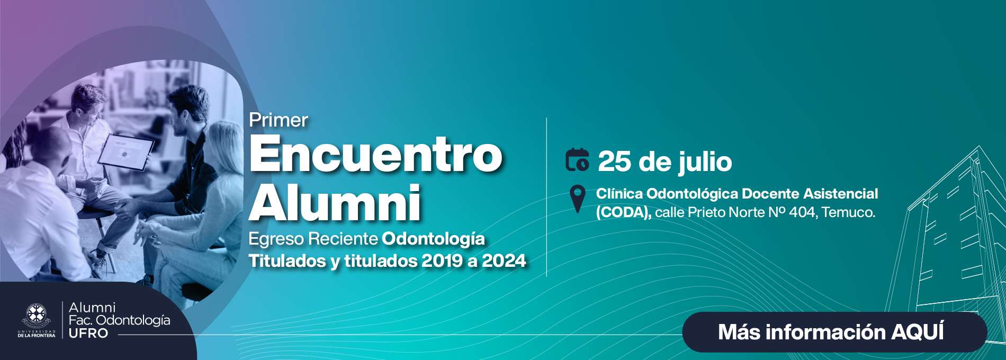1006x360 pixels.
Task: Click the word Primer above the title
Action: tap(279, 121)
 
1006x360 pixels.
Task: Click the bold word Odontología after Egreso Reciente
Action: tap(433, 239)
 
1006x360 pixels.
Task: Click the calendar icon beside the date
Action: tap(577, 160)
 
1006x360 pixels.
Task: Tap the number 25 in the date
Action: tap(615, 162)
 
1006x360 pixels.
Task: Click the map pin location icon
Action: tap(577, 198)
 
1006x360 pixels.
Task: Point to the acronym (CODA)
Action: tap(623, 212)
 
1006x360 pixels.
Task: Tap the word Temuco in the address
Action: tap(848, 212)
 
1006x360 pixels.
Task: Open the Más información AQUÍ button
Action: tap(834, 332)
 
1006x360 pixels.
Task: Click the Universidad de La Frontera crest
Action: tap(37, 316)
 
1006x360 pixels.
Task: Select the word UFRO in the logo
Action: tap(88, 334)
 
